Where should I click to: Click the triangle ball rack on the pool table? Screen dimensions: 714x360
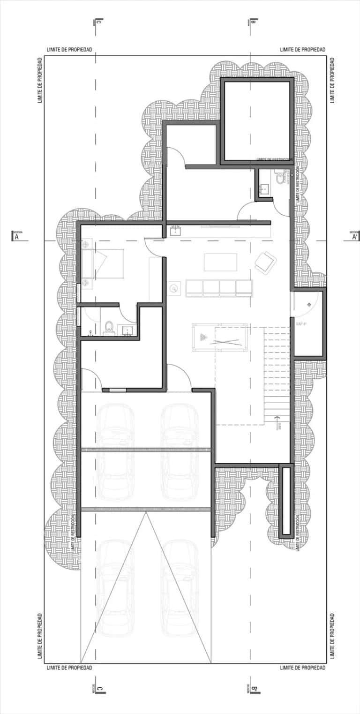pyautogui.click(x=202, y=338)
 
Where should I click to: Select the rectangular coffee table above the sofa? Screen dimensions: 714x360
pyautogui.click(x=220, y=262)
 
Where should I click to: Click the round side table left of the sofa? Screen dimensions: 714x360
pyautogui.click(x=175, y=289)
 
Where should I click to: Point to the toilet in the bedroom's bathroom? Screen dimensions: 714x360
pyautogui.click(x=109, y=326)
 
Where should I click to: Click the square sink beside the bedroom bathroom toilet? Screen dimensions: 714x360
pyautogui.click(x=127, y=331)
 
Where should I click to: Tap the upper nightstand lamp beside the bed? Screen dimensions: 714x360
pyautogui.click(x=86, y=245)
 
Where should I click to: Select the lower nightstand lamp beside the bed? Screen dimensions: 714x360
pyautogui.click(x=86, y=282)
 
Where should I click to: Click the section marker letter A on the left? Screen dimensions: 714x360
pyautogui.click(x=17, y=237)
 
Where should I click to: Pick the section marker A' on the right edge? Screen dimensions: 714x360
pyautogui.click(x=355, y=237)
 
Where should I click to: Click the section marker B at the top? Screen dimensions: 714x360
pyautogui.click(x=253, y=22)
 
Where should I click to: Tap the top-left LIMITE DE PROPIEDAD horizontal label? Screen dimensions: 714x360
pyautogui.click(x=69, y=49)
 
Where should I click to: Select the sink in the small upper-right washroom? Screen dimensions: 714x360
pyautogui.click(x=264, y=188)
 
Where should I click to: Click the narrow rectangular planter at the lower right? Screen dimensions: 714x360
pyautogui.click(x=285, y=501)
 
